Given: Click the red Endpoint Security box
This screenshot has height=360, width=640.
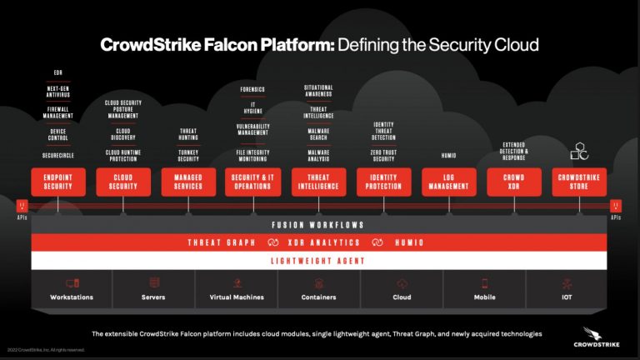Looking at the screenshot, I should tap(58, 182).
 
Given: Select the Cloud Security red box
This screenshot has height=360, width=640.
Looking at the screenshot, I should tap(123, 182).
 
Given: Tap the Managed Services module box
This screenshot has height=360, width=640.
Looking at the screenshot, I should tap(188, 182).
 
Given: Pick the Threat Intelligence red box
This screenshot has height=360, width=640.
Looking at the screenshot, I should tap(318, 182).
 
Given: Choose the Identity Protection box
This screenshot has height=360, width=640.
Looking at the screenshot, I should tap(383, 182).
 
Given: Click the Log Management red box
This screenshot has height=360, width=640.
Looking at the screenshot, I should tap(448, 182).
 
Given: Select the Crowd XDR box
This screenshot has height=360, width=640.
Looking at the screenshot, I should tap(513, 182).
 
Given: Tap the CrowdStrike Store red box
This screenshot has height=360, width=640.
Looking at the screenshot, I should tap(578, 182).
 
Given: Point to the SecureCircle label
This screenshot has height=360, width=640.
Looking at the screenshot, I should tap(58, 156).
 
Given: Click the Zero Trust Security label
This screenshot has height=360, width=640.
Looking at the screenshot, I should tap(383, 156).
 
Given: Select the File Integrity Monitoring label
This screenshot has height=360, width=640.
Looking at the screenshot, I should tap(253, 156).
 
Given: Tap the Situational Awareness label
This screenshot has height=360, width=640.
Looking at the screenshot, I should tap(318, 91).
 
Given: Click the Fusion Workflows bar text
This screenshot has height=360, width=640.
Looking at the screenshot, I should tap(320, 225).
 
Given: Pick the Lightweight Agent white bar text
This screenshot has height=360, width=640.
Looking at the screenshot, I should tap(320, 261).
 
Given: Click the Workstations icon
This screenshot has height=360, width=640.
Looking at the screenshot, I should tap(72, 283).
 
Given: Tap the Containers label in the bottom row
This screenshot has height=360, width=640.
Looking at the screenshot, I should tap(318, 297).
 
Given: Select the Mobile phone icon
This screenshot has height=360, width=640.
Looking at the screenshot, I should tap(483, 283).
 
